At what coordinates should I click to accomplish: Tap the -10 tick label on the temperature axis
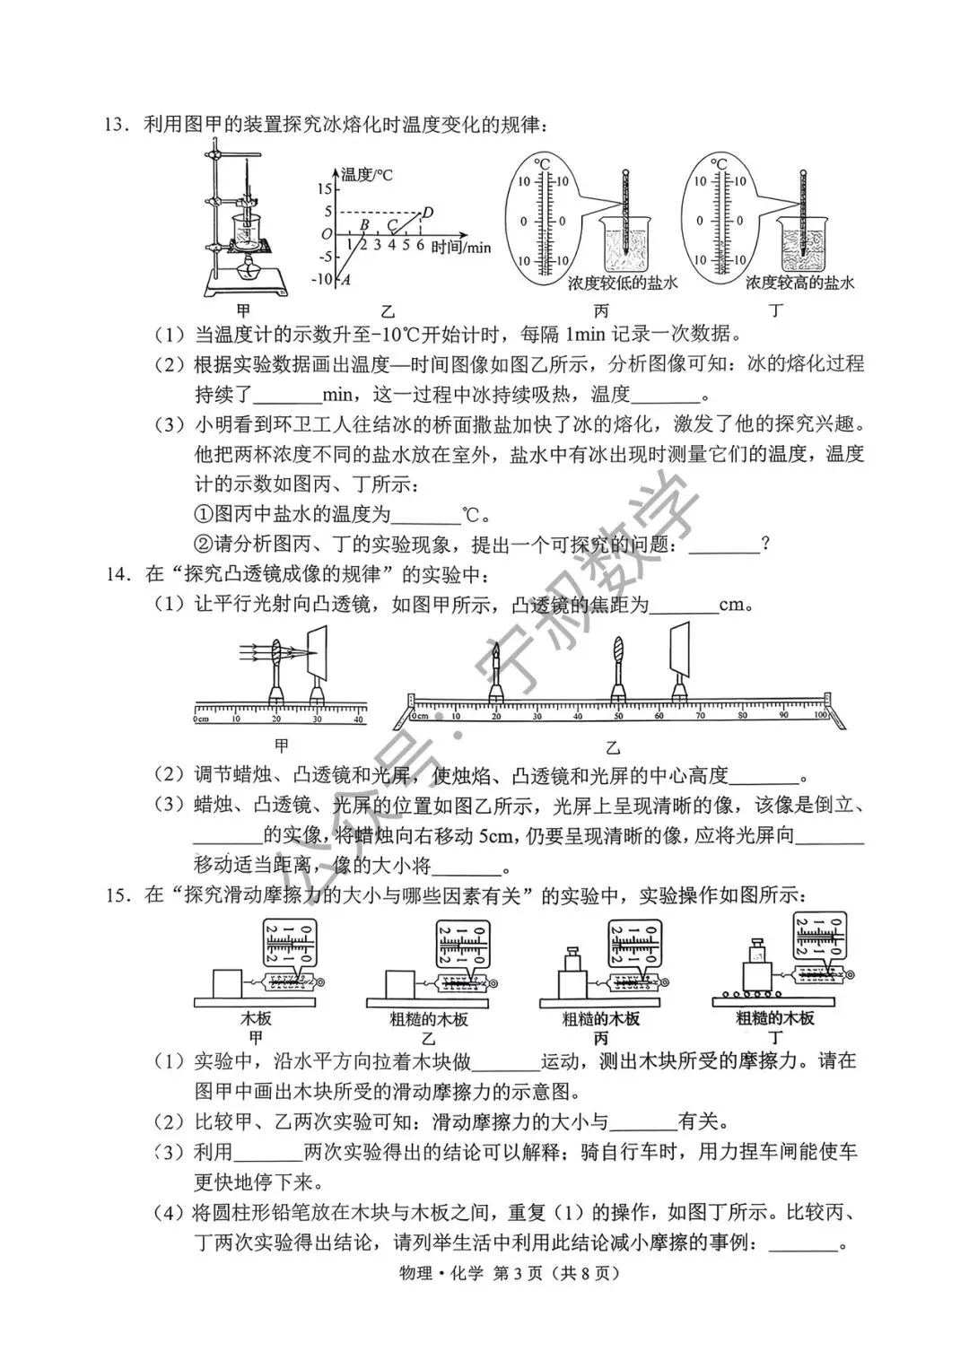tap(321, 279)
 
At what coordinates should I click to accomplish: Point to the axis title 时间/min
tap(460, 248)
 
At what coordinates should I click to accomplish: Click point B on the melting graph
tap(363, 225)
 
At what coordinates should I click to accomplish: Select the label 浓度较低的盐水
tap(622, 283)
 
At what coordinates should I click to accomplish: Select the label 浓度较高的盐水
tap(800, 283)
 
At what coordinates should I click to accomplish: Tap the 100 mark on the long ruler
tap(820, 716)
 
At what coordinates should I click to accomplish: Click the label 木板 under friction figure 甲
tap(256, 1019)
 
